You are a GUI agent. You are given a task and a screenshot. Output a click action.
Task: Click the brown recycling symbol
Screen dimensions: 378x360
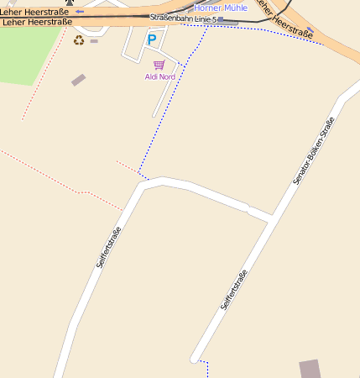(x=79, y=39)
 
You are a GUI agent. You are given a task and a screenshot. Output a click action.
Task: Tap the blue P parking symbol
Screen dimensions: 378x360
(x=152, y=39)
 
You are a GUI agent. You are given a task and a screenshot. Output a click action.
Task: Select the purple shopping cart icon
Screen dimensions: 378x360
(x=159, y=65)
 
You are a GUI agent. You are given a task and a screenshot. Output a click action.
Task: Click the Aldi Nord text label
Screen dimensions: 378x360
(x=159, y=76)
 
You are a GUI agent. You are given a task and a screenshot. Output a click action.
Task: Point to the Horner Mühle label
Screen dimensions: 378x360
(x=221, y=8)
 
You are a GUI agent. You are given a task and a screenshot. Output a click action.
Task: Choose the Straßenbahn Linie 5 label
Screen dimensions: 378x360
(x=183, y=18)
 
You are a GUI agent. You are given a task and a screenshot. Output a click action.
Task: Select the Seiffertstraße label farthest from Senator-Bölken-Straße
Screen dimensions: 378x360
(x=109, y=247)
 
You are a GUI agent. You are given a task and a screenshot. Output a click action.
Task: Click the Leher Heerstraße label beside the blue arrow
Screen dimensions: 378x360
(x=35, y=12)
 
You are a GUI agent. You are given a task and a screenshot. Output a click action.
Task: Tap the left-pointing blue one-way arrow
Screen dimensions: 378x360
(x=80, y=12)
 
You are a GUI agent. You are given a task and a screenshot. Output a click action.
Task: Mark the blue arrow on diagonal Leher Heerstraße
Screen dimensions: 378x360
(x=309, y=32)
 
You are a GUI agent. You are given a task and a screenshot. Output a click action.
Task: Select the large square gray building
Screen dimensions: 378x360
(x=310, y=370)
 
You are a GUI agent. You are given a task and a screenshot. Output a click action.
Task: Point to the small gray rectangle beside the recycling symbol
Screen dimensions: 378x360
(x=94, y=40)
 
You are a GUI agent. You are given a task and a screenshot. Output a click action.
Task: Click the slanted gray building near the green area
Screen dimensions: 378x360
(x=78, y=80)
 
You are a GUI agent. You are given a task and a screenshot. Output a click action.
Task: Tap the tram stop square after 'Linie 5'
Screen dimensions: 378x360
(x=221, y=18)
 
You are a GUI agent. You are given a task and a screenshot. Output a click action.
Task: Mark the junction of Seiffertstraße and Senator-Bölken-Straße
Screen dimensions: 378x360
(x=270, y=218)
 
